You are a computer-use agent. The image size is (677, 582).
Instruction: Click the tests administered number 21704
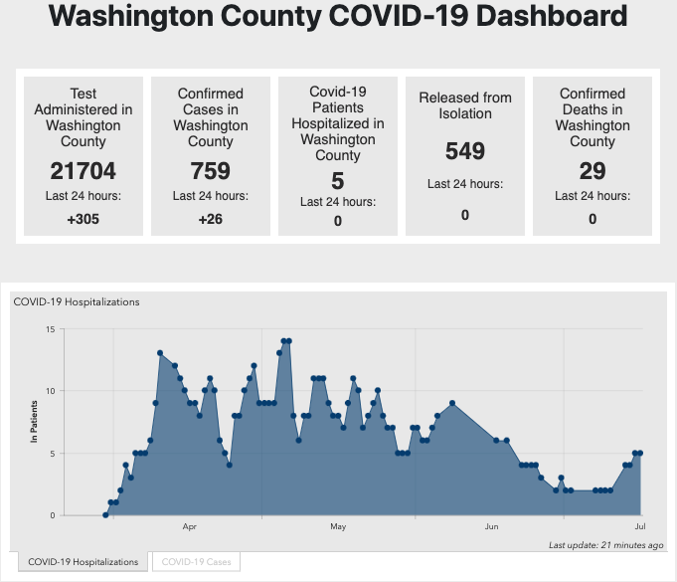point(84,169)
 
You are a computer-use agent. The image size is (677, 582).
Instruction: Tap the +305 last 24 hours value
point(84,219)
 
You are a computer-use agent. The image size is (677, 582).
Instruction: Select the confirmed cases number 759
point(211,169)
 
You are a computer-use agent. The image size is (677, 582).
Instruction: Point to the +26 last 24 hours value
point(211,219)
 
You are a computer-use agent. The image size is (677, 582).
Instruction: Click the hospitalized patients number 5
point(338,180)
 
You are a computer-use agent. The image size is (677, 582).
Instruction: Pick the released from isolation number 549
point(465,151)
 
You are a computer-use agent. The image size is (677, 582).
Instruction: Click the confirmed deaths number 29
point(592,171)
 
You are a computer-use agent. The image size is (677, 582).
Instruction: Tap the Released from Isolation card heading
point(465,105)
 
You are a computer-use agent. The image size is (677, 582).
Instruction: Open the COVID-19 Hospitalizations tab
point(83,562)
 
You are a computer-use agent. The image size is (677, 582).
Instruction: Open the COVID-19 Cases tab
point(196,562)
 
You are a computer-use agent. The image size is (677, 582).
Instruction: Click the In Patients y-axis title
point(34,421)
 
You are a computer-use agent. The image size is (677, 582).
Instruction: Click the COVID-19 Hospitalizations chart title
point(77,301)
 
